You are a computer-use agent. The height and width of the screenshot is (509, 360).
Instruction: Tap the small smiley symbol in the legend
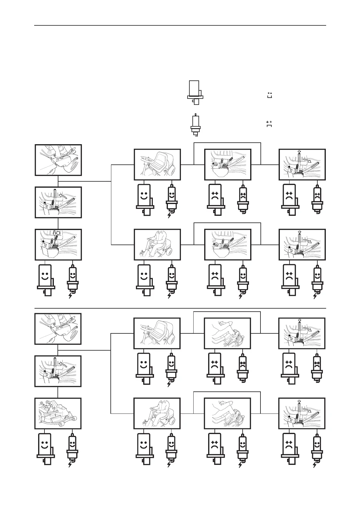(270, 95)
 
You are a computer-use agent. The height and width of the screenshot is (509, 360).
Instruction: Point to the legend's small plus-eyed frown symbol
(269, 123)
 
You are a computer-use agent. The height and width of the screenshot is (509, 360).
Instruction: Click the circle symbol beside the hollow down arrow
(58, 233)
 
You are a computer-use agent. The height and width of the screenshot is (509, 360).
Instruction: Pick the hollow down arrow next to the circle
(54, 233)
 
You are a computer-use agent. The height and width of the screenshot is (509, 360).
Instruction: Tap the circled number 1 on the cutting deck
(47, 402)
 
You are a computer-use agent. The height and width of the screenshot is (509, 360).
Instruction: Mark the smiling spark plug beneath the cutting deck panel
(72, 446)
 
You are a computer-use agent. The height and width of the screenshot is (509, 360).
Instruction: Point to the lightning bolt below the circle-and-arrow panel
(71, 295)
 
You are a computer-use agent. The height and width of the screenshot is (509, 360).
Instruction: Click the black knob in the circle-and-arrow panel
(44, 242)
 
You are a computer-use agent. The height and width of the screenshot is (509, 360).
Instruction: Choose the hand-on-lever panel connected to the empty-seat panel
(227, 333)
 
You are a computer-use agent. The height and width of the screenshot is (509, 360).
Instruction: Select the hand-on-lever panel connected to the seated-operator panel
(227, 413)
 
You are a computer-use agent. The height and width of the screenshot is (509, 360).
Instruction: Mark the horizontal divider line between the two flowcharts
(180, 309)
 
